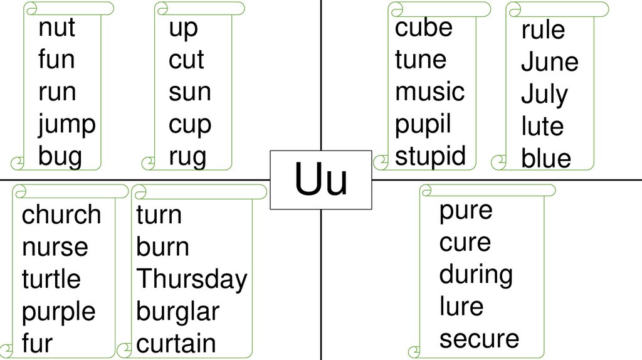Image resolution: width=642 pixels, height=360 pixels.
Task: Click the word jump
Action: coord(66,125)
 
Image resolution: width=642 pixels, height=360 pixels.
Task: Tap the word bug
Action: coord(60,157)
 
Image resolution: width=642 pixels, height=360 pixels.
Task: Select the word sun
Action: coord(189,92)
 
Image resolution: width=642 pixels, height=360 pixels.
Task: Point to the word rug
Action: coord(187,157)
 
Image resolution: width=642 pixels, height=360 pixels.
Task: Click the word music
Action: coord(429,92)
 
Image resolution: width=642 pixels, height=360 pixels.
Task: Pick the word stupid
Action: coord(430,156)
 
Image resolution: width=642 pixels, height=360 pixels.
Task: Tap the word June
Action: coord(549,62)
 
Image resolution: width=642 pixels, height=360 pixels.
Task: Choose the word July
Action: coord(544,95)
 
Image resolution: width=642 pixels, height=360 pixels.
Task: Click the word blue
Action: coord(545,159)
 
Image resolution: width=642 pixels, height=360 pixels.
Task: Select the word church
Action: coord(61,214)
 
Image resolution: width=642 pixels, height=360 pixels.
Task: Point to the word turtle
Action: coord(51,279)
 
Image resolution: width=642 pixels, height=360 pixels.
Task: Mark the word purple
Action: coord(59,312)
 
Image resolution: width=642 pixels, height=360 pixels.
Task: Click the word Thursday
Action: coord(192,279)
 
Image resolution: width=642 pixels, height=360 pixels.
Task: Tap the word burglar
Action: coord(177,311)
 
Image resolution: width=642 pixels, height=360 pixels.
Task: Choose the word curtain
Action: coord(176,344)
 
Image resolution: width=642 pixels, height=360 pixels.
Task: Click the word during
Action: coord(475,274)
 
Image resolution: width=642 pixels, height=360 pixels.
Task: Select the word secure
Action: coord(479,339)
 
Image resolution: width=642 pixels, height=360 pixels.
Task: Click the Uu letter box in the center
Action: coord(321,180)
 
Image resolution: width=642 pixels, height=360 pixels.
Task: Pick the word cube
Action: coord(423,28)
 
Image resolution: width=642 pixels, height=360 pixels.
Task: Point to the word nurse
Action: coord(55,247)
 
